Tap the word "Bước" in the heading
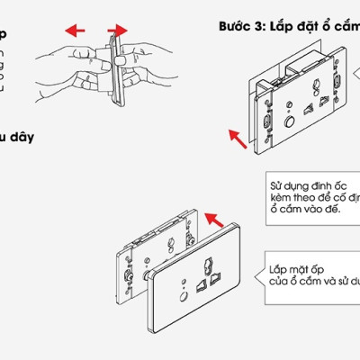click(x=237, y=26)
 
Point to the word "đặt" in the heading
click(x=311, y=26)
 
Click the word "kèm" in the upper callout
click(x=281, y=195)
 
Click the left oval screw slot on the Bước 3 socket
click(x=268, y=124)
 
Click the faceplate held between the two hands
click(x=114, y=67)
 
